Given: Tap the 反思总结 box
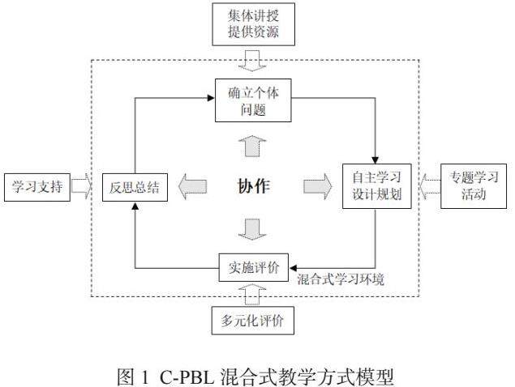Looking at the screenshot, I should pyautogui.click(x=135, y=187).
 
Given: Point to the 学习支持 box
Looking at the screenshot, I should pyautogui.click(x=36, y=187).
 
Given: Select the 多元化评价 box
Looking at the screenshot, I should pyautogui.click(x=253, y=321).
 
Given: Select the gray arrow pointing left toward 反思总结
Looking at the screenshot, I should pyautogui.click(x=192, y=187).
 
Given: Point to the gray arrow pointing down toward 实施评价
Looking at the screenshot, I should pyautogui.click(x=253, y=229).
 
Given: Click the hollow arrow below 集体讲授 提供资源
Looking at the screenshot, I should pyautogui.click(x=253, y=59).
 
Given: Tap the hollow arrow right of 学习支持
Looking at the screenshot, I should pyautogui.click(x=82, y=187).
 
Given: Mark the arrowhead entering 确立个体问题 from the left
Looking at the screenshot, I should pyautogui.click(x=210, y=98).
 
